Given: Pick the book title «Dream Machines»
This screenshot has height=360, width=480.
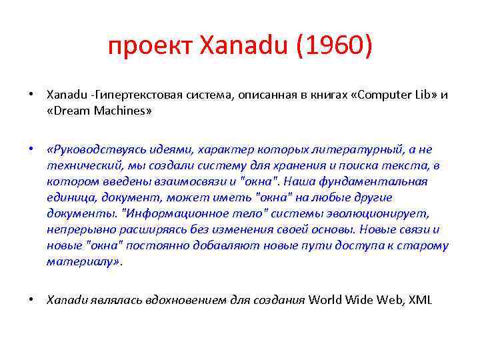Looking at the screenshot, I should coord(100,111).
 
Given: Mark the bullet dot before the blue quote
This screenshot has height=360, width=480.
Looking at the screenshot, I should coord(31,149).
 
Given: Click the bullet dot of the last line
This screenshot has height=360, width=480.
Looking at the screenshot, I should coord(31,299).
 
